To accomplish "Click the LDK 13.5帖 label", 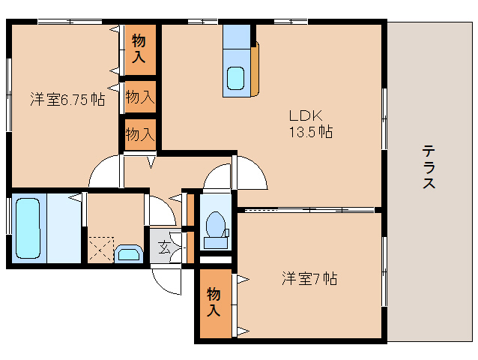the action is click(x=310, y=124).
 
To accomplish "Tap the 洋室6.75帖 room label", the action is click(x=67, y=100).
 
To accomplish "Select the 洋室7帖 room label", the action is click(x=309, y=278).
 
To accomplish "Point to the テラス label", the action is click(x=429, y=167).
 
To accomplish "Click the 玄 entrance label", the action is click(x=165, y=247).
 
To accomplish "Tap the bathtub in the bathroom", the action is click(x=28, y=228).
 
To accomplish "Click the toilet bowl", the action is click(x=216, y=224).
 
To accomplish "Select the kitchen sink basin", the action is click(x=236, y=78).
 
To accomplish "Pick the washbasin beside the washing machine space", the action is click(x=129, y=253).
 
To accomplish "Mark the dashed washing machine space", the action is click(x=100, y=250).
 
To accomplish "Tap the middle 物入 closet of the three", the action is click(x=140, y=97).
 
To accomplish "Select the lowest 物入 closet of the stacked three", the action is click(x=140, y=134).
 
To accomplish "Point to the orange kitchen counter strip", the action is click(x=255, y=69).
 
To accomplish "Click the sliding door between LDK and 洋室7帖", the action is click(x=309, y=210).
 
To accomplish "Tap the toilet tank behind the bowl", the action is click(x=216, y=243).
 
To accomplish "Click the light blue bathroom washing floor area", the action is click(x=64, y=228).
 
